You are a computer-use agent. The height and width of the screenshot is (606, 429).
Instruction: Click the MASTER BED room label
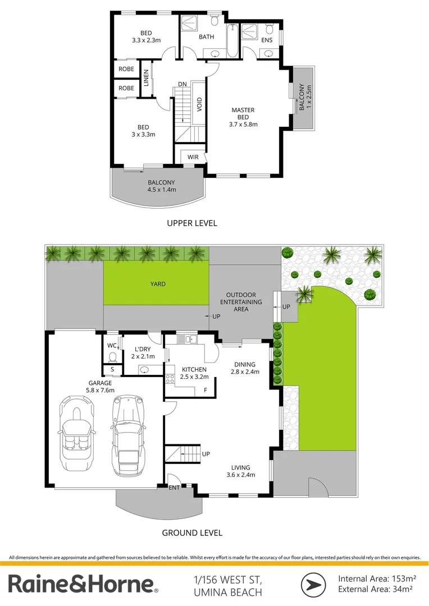coord(243,117)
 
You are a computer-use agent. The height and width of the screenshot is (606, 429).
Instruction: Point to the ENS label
coord(267,40)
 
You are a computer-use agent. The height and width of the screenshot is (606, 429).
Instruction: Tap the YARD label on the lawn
coord(158,284)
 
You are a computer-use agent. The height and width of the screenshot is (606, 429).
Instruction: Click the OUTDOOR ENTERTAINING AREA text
coord(241,302)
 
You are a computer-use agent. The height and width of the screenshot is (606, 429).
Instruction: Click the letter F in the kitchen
coord(206,390)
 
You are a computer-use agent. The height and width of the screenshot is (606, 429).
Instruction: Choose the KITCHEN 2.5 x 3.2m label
coord(194,373)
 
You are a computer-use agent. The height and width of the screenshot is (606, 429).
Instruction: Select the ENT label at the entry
coord(175,488)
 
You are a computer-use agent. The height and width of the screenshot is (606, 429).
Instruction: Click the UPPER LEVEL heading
coord(192,223)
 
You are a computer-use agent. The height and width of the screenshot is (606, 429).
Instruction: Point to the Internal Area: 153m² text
coord(376,578)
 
